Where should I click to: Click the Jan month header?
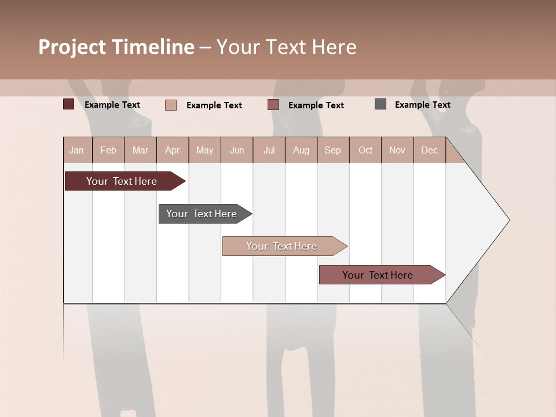[x=76, y=150]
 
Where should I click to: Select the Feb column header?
[x=108, y=150]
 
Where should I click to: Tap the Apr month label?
[x=172, y=150]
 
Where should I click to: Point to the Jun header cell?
[x=237, y=150]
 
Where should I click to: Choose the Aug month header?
[x=301, y=150]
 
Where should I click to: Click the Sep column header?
[x=332, y=150]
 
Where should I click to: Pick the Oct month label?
[x=365, y=150]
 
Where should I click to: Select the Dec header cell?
[x=429, y=150]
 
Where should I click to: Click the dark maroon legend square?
[x=68, y=104]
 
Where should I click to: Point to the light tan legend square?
[x=170, y=105]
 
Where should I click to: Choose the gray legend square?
[x=380, y=104]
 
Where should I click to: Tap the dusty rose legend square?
[x=273, y=105]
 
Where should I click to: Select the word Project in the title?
[x=72, y=47]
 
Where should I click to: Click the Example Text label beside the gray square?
[x=422, y=105]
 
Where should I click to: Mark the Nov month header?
[x=397, y=150]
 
